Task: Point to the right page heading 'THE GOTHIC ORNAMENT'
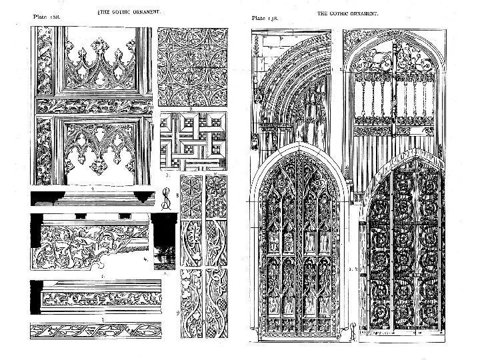[347, 13]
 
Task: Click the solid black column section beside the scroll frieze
[163, 241]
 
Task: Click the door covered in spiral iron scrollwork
[401, 253]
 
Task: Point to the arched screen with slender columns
[390, 87]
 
